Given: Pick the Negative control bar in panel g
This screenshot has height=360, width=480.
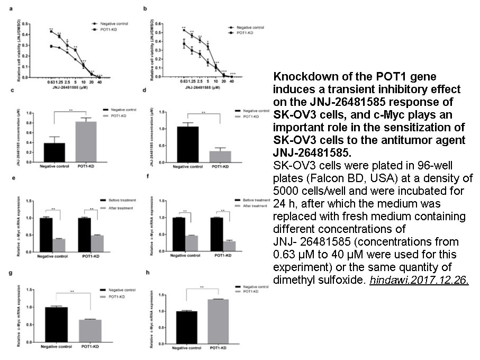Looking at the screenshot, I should [x=56, y=325].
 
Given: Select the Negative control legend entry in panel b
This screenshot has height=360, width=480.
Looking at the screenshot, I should [x=249, y=27].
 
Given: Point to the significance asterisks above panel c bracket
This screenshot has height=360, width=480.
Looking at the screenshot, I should [x=70, y=111].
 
